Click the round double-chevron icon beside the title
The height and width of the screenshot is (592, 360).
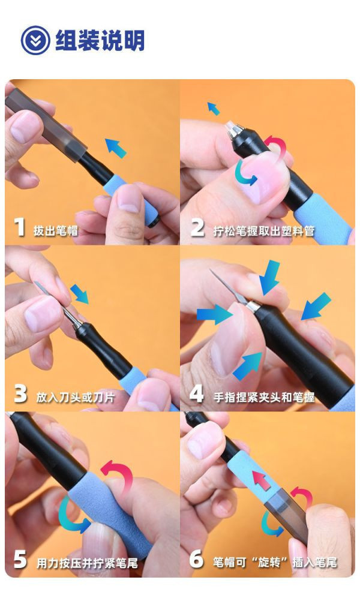tap(35, 40)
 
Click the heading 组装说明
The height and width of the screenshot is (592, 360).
tap(100, 41)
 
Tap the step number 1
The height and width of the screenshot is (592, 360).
tap(20, 228)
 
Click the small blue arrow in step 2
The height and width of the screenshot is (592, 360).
tap(213, 109)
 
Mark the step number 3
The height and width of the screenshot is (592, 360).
tap(20, 394)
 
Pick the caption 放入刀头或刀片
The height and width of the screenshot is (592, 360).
tap(76, 396)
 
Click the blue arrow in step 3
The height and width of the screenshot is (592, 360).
tap(79, 294)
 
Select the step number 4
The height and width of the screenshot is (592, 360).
tap(197, 394)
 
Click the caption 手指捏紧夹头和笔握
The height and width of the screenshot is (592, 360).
tap(264, 396)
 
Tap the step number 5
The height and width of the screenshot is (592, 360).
tap(20, 560)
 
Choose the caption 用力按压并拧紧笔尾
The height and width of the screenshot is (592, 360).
tap(87, 563)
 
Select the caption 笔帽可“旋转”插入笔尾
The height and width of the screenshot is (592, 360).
tap(275, 562)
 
